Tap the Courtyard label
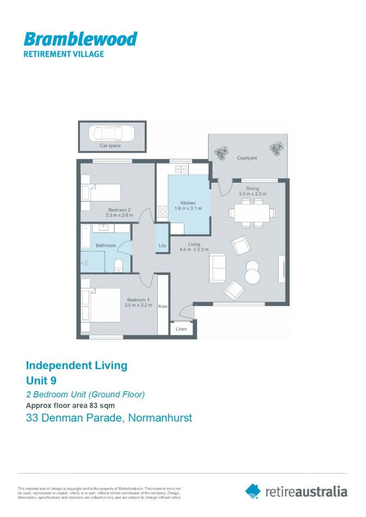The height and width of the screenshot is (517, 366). point(247,157)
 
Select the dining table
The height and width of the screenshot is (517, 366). point(252,213)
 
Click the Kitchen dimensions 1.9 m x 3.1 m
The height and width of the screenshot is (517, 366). point(188,208)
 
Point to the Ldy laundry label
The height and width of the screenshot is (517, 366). point(162,246)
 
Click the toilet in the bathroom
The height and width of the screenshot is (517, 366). point(119,265)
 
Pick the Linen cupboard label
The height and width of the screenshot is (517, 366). point(181,329)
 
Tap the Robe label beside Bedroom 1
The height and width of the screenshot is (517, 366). point(163,306)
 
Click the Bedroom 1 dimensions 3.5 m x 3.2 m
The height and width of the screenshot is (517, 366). point(138,305)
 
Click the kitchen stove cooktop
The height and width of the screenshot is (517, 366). point(162,211)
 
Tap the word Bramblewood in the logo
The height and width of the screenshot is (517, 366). point(80,39)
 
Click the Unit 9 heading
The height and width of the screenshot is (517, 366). point(43,381)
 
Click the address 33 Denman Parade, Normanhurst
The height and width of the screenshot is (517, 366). point(108,417)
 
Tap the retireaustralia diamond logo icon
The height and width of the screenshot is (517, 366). point(253,490)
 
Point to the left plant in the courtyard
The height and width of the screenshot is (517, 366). point(221,153)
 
